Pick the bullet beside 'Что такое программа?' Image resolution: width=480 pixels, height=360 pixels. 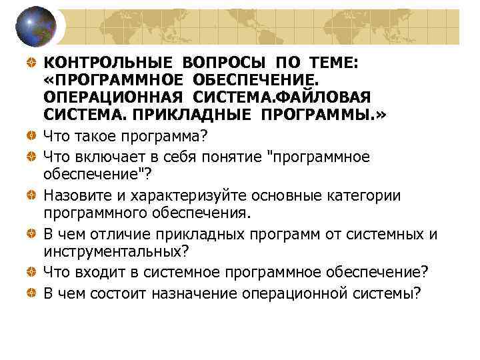(31, 136)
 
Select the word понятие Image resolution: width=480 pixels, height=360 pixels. (227, 157)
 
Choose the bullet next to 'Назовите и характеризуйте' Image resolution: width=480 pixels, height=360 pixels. (31, 195)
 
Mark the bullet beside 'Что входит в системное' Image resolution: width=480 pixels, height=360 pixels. (31, 271)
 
